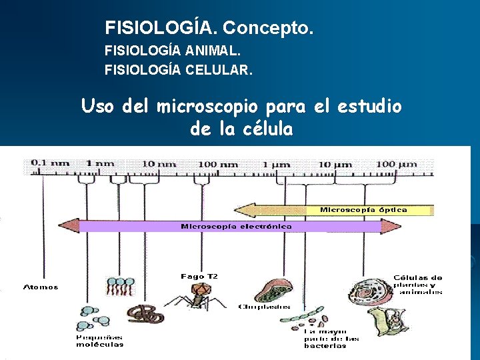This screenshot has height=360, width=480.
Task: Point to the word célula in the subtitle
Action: coord(265,129)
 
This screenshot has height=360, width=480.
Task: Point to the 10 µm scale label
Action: coord(333,163)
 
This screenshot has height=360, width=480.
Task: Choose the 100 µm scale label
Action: coord(396,163)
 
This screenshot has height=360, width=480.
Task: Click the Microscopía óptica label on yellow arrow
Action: coord(363,210)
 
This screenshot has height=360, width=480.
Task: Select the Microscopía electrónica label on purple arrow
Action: coord(236,227)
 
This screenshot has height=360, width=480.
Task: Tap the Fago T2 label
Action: coord(199,276)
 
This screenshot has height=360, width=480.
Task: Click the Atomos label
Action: coord(41,287)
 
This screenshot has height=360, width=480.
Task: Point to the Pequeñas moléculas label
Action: coord(99,341)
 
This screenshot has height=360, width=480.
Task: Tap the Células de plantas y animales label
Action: coord(418,285)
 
